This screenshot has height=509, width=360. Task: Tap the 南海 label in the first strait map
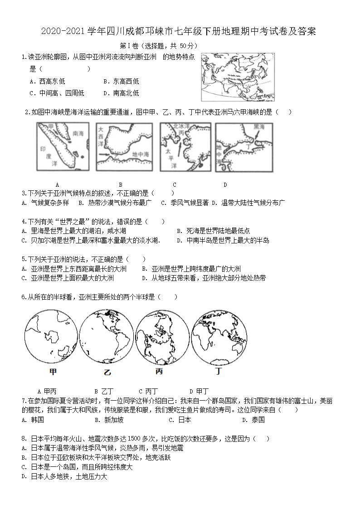[x=78, y=134]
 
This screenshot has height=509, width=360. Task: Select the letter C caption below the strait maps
[x=175, y=184]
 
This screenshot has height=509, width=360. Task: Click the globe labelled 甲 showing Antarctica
[x=50, y=336]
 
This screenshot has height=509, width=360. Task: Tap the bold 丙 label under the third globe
[x=159, y=372]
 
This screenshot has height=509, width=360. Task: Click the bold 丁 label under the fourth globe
[x=219, y=372]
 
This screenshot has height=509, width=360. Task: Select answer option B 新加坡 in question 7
[x=109, y=420]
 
